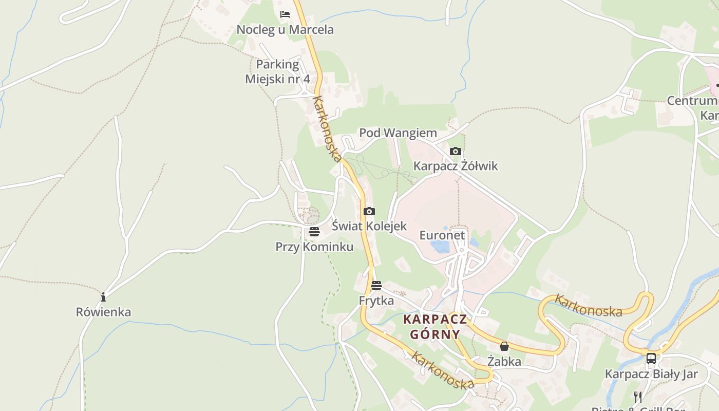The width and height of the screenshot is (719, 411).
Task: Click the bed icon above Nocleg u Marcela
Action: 285,14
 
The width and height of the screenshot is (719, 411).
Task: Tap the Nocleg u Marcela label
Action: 285,30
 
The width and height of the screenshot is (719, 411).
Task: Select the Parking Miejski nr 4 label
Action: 277,71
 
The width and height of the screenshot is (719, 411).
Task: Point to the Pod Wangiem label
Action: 398,133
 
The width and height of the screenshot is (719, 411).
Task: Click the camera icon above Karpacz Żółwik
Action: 455,151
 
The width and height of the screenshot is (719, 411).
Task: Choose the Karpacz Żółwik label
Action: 456,166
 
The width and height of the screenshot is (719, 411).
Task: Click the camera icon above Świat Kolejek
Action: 369,211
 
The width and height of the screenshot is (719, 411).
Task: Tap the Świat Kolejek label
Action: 369,226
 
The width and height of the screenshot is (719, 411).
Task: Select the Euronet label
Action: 442,235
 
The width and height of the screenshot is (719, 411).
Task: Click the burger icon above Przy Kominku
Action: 314,232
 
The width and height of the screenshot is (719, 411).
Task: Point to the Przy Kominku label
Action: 314,247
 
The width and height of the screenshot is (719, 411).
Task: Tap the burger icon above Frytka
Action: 376,286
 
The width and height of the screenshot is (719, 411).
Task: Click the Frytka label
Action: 376,301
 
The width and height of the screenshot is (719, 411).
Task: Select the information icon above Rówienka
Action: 103,297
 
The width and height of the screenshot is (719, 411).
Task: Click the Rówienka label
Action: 103,312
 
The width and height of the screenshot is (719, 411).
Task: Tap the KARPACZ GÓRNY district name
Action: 435,327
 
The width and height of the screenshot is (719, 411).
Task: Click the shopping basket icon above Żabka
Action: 504,346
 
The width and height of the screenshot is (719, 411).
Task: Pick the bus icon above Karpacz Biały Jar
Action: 651,359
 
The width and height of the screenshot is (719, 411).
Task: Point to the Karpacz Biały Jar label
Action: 651,374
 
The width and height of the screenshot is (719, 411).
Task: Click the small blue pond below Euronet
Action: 441,247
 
